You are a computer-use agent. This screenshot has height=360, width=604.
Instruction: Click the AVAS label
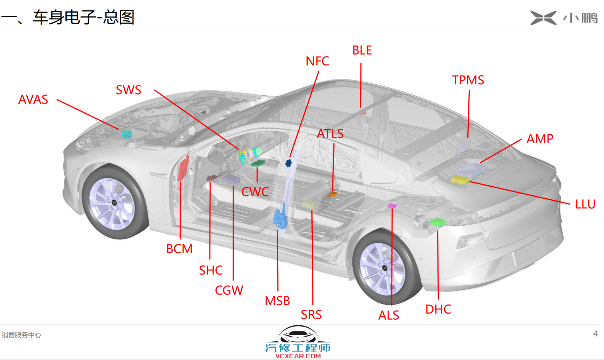(x=33, y=99)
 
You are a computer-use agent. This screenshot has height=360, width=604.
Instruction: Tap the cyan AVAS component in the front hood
(x=126, y=134)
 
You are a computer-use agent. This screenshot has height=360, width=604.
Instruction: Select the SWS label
(x=129, y=90)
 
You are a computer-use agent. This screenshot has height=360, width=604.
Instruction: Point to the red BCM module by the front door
(x=184, y=168)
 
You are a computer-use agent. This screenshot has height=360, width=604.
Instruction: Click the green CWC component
(x=258, y=163)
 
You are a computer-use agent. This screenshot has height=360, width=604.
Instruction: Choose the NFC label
(x=317, y=61)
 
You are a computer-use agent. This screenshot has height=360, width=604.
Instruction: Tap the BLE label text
(x=362, y=50)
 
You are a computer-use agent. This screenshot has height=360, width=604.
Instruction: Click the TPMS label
(x=468, y=80)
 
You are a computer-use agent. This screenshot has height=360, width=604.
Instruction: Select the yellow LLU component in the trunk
(x=460, y=180)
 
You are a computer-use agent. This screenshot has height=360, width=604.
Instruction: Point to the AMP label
(x=540, y=139)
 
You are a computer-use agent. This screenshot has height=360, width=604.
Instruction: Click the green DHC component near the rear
(x=438, y=222)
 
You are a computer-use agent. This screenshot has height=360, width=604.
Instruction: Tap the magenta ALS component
(x=392, y=206)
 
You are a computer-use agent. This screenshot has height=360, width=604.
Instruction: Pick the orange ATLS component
(x=332, y=194)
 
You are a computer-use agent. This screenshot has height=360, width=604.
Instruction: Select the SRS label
(x=311, y=315)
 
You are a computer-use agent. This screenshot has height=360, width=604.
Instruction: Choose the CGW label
(x=229, y=290)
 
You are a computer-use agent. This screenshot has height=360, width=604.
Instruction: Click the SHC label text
(x=211, y=270)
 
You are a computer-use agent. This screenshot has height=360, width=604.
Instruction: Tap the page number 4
(x=595, y=334)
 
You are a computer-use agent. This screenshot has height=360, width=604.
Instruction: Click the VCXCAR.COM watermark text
(x=298, y=356)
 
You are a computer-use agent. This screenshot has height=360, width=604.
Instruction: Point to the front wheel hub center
(x=114, y=202)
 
